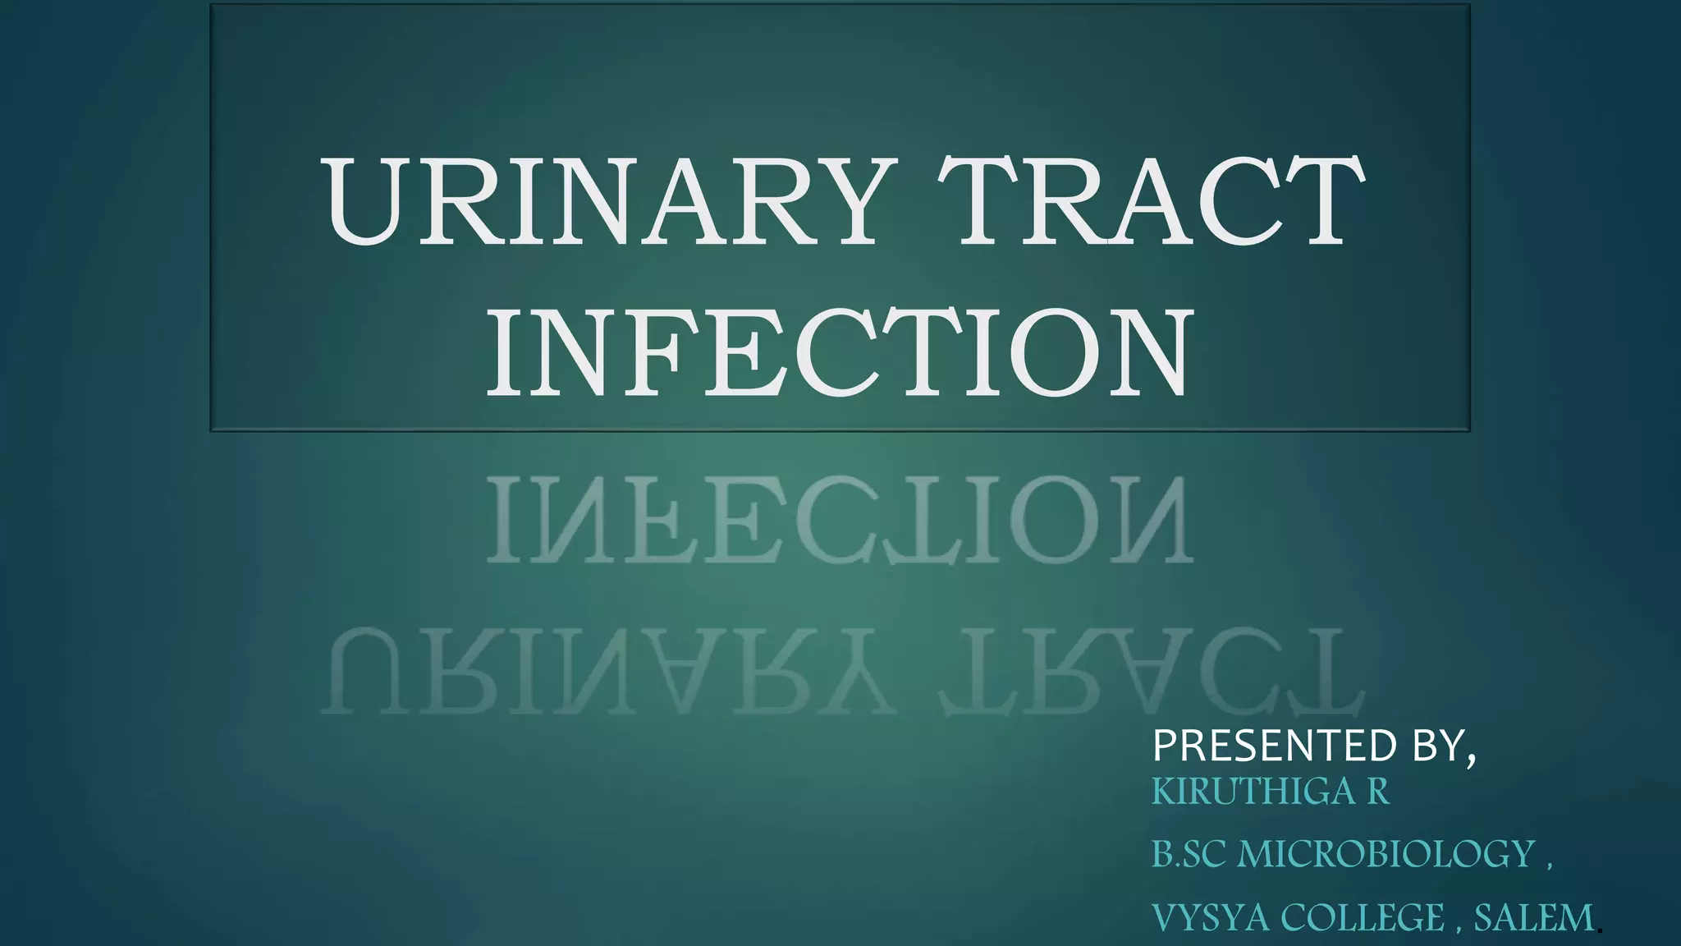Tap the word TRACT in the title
(1149, 202)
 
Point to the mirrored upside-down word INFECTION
(838, 521)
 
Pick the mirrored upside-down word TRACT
(1149, 672)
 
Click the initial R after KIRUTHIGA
(1377, 792)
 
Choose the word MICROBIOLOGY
(1386, 854)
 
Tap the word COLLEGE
(1363, 917)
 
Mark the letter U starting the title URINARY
(366, 202)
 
